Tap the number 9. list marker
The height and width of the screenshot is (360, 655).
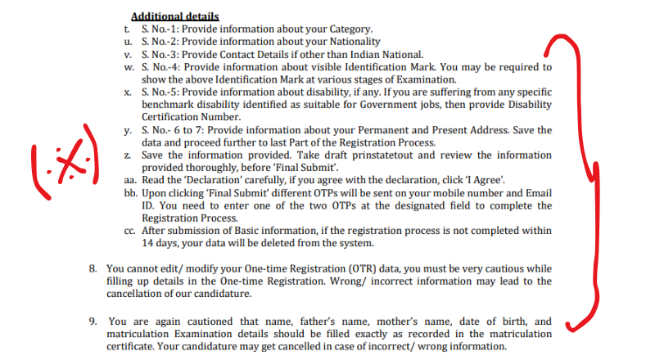click(x=93, y=321)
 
